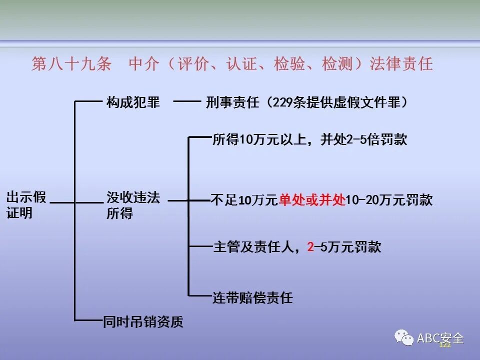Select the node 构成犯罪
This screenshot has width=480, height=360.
(x=133, y=102)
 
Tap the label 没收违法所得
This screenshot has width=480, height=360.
(x=133, y=205)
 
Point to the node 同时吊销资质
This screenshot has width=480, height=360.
(x=143, y=321)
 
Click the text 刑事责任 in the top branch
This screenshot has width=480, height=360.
(x=232, y=102)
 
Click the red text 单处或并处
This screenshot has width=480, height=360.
(x=312, y=200)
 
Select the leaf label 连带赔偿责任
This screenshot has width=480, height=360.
(x=252, y=298)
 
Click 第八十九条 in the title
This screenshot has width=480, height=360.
(x=71, y=64)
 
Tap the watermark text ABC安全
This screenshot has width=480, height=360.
(x=440, y=339)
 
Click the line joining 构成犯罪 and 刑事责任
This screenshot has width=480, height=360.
(x=186, y=102)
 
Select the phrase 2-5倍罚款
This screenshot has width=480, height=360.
(x=377, y=139)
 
